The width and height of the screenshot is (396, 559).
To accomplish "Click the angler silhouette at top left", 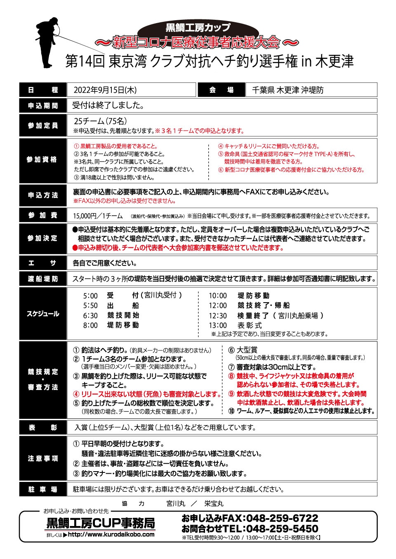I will coord(48,43).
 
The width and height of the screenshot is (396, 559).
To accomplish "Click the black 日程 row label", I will coord(43,90).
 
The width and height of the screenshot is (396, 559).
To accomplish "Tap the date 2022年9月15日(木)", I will coord(105,90).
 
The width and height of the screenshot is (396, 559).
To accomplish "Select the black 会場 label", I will coord(222,90).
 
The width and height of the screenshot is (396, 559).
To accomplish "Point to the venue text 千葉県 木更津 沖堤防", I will coord(288,90).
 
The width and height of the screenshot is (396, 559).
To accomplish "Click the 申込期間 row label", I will coord(43,106).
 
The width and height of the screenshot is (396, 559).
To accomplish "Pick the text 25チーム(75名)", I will coord(100,121).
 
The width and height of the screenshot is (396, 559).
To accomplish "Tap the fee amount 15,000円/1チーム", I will coord(98,216).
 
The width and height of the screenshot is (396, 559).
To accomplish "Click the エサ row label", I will coord(43,263).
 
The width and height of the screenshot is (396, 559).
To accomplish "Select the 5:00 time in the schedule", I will coord(90,296).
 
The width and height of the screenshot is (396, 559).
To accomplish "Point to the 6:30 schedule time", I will coord(90,315).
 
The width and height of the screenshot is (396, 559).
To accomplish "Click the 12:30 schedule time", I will coord(218,315).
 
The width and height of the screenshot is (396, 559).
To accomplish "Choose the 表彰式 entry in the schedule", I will coord(250,325).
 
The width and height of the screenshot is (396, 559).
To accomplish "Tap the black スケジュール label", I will coord(43,314).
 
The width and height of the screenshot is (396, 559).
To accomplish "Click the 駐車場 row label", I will coord(43,489).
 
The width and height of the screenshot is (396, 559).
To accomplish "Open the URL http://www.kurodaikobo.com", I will coord(111,534).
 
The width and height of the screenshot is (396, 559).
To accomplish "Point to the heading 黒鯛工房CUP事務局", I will coord(101,523).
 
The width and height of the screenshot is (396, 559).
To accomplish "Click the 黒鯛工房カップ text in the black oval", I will coord(198,28).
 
